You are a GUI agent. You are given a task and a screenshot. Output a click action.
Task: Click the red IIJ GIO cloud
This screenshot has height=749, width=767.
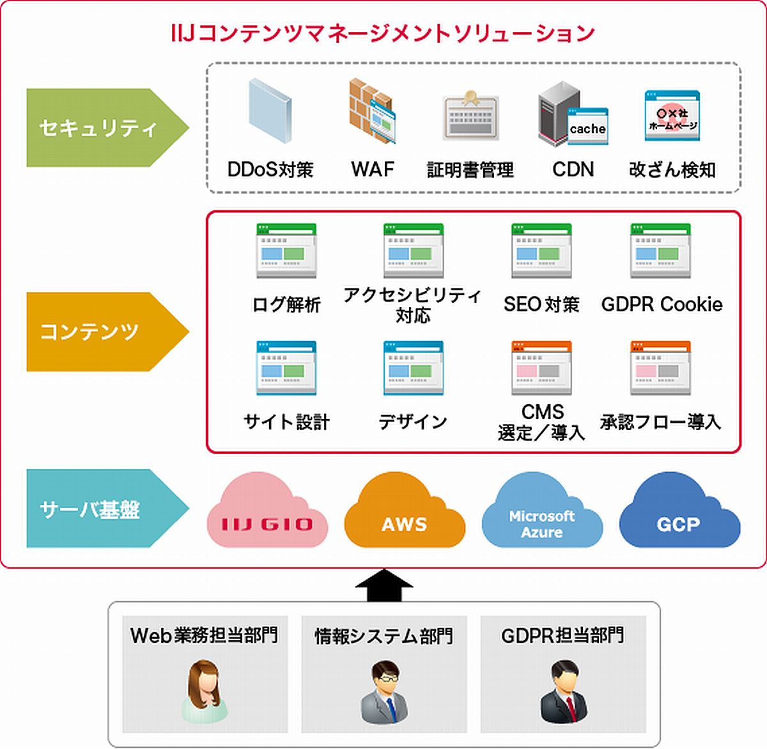click(267, 514)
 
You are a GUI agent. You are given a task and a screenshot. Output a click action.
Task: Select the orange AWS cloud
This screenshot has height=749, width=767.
click(405, 513)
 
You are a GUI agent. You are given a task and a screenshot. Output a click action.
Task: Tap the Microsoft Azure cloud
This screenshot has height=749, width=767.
click(542, 513)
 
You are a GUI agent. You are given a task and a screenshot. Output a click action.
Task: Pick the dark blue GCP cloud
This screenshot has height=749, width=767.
click(679, 513)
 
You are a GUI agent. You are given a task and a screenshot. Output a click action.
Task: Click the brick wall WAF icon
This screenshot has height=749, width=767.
click(372, 111)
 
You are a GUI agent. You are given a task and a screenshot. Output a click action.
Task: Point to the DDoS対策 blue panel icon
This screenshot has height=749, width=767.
click(270, 111)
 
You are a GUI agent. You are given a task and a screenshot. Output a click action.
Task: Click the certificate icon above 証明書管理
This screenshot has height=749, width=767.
click(470, 116)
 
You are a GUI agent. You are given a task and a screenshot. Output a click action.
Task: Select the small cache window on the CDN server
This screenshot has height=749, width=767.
click(587, 127)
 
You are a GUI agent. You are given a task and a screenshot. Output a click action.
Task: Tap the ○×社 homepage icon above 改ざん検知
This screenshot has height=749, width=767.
click(672, 116)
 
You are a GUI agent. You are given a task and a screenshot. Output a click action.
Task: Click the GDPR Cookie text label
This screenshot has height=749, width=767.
click(662, 304)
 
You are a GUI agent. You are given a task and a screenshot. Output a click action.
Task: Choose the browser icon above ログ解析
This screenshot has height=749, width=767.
click(286, 251)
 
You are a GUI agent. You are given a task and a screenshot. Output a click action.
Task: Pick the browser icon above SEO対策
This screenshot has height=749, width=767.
click(541, 251)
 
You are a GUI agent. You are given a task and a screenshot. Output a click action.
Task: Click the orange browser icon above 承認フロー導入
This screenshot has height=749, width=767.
click(661, 368)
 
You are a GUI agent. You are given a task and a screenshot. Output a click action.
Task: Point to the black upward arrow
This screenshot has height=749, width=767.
click(384, 585)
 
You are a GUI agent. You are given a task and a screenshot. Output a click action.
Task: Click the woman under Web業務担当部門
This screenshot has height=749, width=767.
click(205, 691)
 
